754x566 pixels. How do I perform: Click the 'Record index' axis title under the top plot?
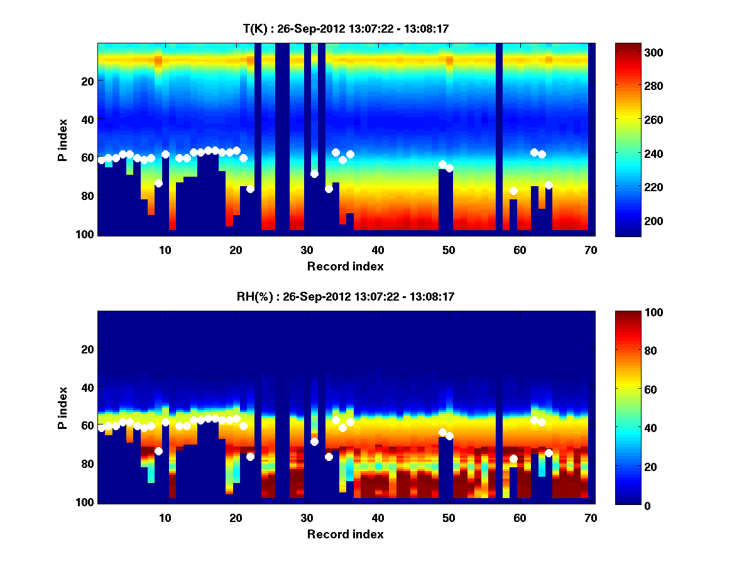345,266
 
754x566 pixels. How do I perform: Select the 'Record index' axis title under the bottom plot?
345,534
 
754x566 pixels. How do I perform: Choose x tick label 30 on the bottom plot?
307,518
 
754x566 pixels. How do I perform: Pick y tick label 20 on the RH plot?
87,349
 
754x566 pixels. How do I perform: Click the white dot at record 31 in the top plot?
314,174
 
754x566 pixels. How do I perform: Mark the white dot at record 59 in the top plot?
513,191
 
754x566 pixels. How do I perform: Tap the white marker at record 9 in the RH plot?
158,451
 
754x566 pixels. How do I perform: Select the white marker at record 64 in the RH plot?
549,453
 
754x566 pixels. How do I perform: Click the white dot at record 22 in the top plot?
250,189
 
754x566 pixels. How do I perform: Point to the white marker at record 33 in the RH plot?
329,457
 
